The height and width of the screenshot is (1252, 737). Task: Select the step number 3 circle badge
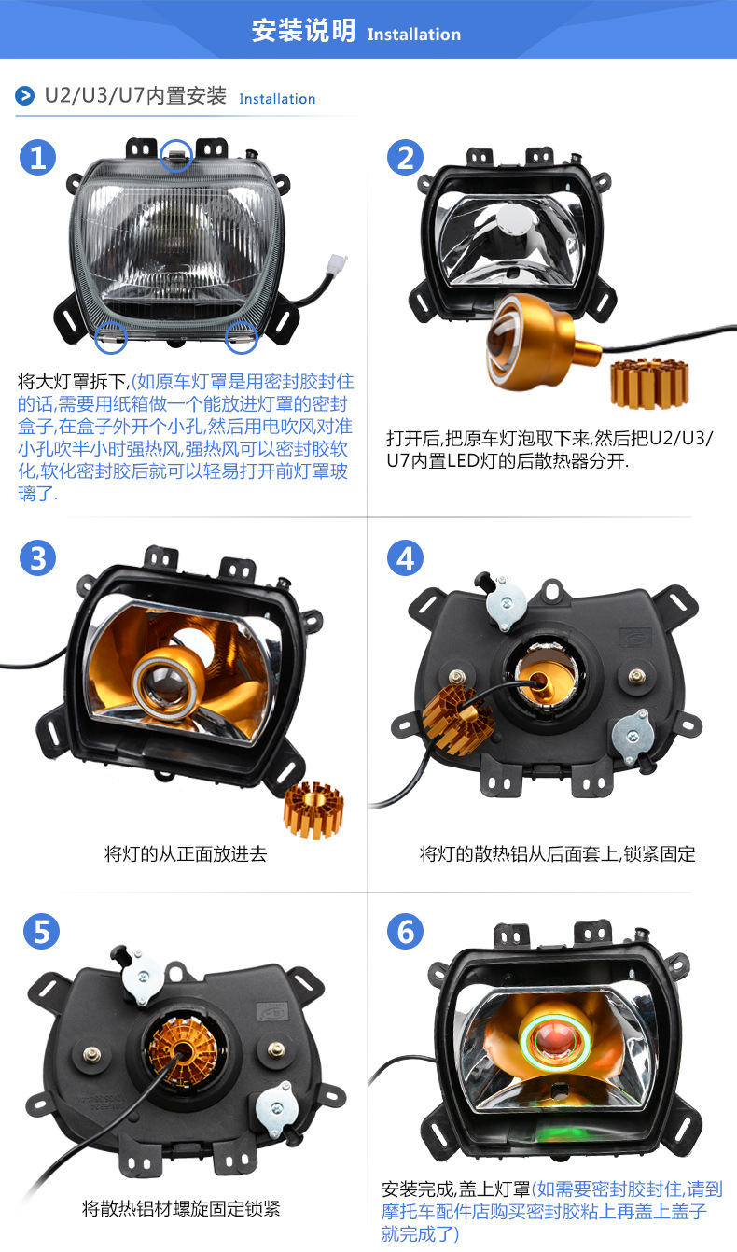(x=38, y=558)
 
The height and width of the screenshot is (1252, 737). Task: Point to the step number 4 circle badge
(x=405, y=558)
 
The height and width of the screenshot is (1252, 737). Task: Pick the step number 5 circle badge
(x=38, y=931)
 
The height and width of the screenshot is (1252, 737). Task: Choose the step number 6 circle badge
(x=405, y=931)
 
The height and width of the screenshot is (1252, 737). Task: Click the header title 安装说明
(x=303, y=31)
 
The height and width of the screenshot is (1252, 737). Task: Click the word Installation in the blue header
(x=414, y=35)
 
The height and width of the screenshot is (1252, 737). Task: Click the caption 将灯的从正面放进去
(x=186, y=853)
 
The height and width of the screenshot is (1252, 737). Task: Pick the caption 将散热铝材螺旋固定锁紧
(x=181, y=1209)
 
